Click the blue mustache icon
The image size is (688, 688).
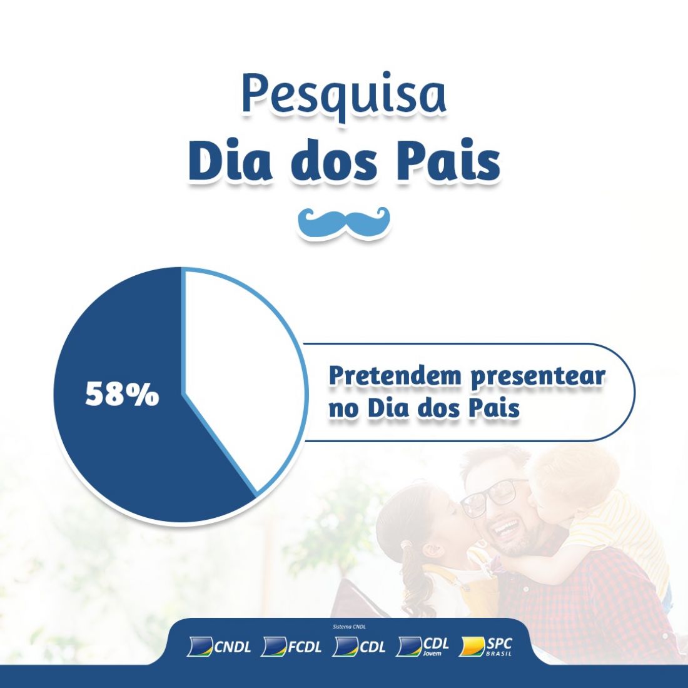pyautogui.click(x=343, y=221)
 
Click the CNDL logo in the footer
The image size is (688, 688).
pyautogui.click(x=219, y=646)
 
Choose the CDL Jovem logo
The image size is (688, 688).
pyautogui.click(x=422, y=646)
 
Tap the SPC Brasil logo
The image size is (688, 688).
pyautogui.click(x=485, y=646)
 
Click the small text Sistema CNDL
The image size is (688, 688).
pyautogui.click(x=349, y=627)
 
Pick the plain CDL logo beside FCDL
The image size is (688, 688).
pyautogui.click(x=359, y=646)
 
